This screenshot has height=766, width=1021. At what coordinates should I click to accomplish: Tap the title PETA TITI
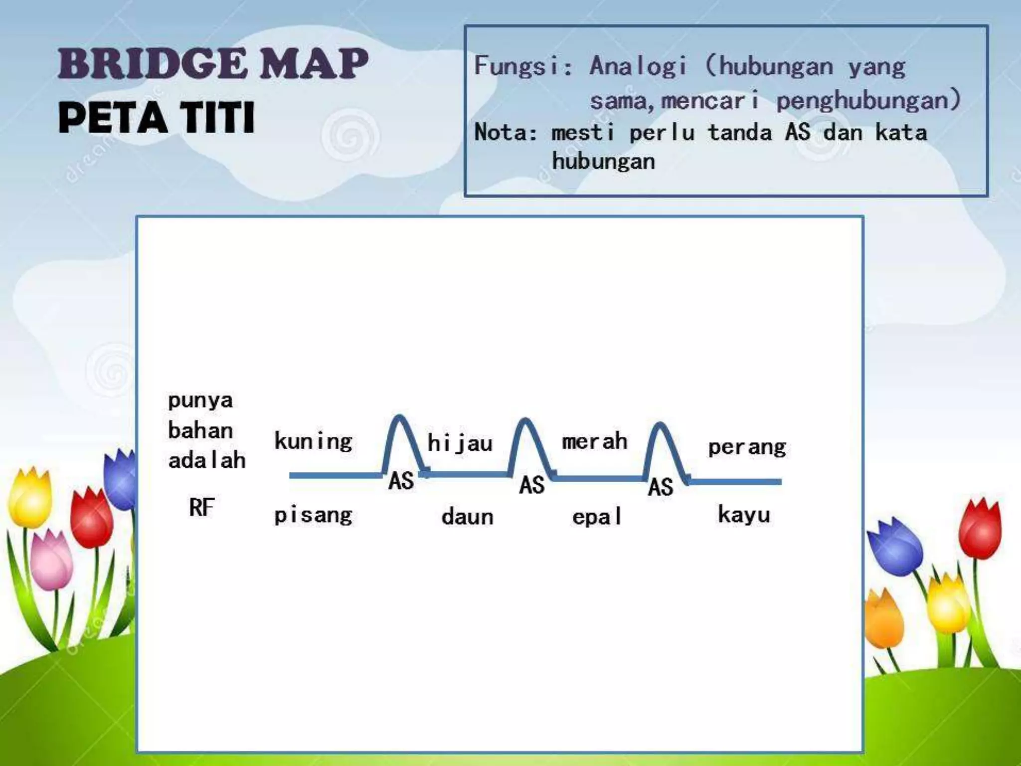pyautogui.click(x=157, y=118)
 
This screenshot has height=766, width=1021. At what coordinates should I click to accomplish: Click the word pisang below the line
pyautogui.click(x=313, y=515)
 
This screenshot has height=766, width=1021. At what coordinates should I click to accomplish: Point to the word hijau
pyautogui.click(x=460, y=443)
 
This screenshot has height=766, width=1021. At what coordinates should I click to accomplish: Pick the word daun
pyautogui.click(x=467, y=517)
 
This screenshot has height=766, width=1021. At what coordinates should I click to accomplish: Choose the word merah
pyautogui.click(x=594, y=441)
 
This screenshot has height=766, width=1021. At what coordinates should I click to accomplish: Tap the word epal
pyautogui.click(x=597, y=517)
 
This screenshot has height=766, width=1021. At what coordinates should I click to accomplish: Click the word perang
pyautogui.click(x=746, y=447)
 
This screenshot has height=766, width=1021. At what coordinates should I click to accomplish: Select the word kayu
pyautogui.click(x=744, y=515)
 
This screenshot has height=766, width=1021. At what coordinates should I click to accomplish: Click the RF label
pyautogui.click(x=201, y=508)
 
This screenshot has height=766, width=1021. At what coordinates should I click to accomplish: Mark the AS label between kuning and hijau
pyautogui.click(x=401, y=481)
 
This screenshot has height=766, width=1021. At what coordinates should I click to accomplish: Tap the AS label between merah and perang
pyautogui.click(x=661, y=487)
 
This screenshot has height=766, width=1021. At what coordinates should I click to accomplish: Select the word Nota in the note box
pyautogui.click(x=504, y=133)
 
